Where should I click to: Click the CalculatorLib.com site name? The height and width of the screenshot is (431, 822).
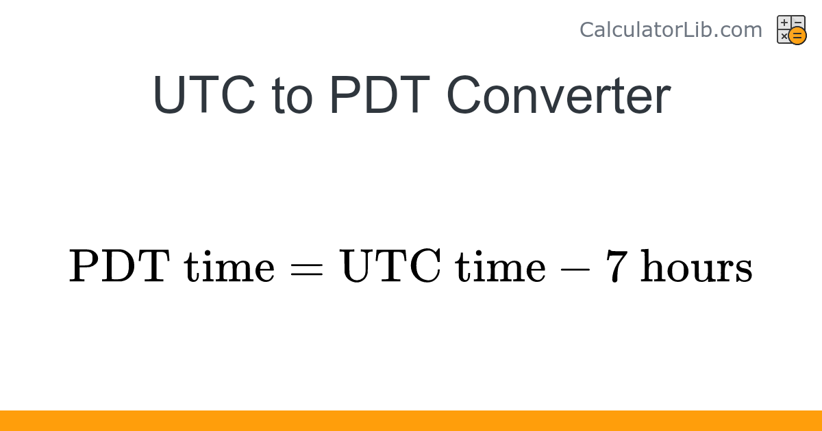coord(670,30)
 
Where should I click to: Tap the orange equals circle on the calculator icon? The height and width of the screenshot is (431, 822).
coord(797,36)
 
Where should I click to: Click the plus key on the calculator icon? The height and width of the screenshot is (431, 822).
coord(784,23)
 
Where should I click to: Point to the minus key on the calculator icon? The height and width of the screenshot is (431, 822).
coord(797,23)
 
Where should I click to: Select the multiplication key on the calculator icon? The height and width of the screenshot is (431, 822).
coord(784,36)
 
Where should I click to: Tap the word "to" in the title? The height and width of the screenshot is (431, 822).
coord(292,96)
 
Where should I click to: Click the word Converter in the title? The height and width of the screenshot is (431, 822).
coord(558,96)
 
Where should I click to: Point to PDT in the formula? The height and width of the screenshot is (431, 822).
coord(119,266)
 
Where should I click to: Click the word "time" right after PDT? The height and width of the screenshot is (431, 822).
coord(229,266)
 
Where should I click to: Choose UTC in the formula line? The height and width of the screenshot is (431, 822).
coord(391,266)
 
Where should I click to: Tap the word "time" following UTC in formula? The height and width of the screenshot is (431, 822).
coord(501,266)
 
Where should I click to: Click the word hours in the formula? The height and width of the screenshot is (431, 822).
coord(696,266)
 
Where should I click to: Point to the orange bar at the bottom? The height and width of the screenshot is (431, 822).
coord(411,421)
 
